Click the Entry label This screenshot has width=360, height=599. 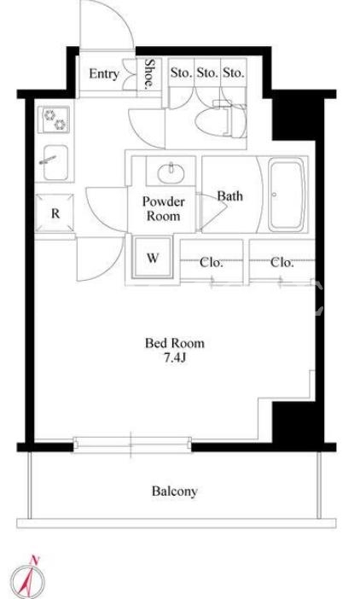(104, 73)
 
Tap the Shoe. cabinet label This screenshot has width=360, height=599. (149, 73)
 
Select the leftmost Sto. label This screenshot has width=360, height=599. (181, 73)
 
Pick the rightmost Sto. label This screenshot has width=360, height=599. (233, 73)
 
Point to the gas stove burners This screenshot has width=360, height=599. (55, 119)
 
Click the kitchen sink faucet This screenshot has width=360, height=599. (48, 160)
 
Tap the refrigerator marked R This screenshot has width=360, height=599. (55, 213)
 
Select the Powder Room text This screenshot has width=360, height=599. (164, 208)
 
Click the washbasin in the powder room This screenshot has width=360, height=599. (171, 172)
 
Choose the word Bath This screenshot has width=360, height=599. (229, 196)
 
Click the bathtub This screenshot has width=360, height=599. (287, 195)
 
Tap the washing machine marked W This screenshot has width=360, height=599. (153, 258)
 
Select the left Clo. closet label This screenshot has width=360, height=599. (211, 263)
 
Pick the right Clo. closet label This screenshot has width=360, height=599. (282, 263)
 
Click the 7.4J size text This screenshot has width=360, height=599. (175, 358)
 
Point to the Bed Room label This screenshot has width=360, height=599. (175, 343)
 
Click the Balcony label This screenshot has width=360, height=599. (175, 491)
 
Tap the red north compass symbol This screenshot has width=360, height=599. (27, 579)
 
